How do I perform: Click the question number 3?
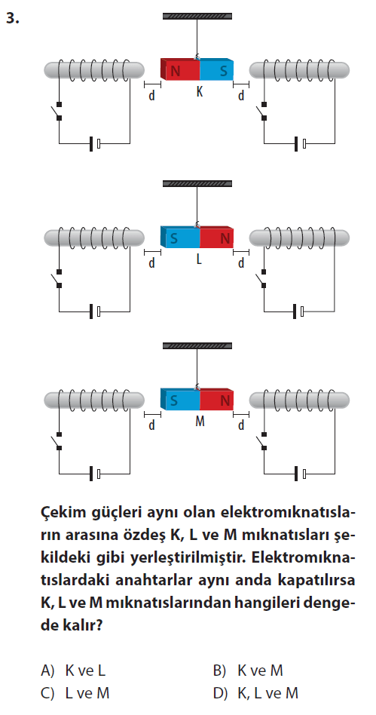point(12,18)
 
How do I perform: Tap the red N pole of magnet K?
point(180,69)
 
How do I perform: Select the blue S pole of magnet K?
point(217,69)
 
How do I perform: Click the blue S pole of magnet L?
point(180,237)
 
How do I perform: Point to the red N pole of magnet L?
point(217,237)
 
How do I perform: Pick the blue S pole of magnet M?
point(180,400)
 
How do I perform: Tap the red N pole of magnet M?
point(217,400)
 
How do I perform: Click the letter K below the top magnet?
point(200,92)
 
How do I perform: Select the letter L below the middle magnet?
point(199,259)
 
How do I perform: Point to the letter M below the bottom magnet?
point(200,422)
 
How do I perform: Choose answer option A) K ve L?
point(73,671)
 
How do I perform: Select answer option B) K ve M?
point(249,671)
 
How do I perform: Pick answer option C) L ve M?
point(75,694)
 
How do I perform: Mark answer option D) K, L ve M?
point(255,694)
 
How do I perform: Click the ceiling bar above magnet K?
point(197,17)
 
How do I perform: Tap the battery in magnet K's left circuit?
point(94,143)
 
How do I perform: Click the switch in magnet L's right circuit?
point(262,279)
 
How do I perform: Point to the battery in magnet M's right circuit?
point(299,474)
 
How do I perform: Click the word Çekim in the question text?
point(60,513)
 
